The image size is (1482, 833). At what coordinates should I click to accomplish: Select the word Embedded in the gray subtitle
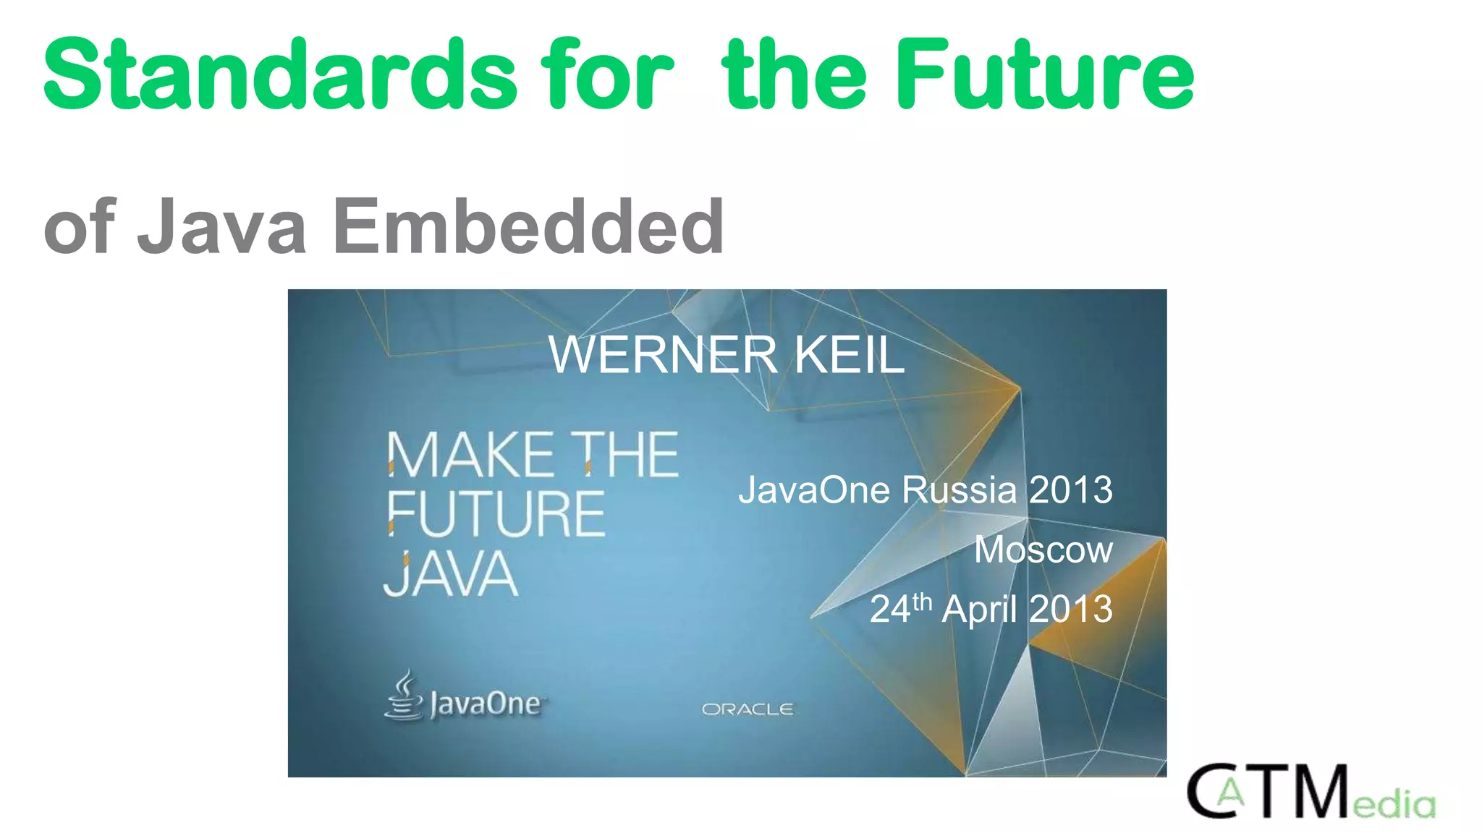pos(528,227)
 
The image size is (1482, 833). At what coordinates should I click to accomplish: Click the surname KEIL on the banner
pos(850,355)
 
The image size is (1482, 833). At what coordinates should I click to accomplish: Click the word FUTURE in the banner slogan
pos(496,514)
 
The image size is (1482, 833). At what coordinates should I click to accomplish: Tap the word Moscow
pos(1043,550)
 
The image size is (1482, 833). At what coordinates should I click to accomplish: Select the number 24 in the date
pos(889,609)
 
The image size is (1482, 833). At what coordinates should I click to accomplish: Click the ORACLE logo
pos(748,709)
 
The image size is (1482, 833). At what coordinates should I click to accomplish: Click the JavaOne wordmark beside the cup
pos(485,704)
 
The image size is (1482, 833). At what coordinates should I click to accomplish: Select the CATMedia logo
pos(1310,793)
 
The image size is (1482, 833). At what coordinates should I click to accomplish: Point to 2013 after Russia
pos(1070,490)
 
